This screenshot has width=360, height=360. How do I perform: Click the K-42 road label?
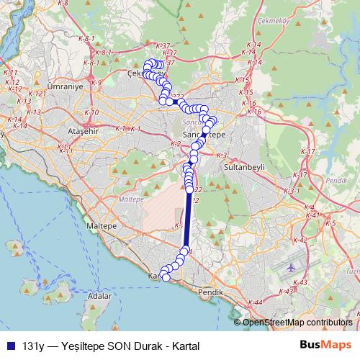pos(301,240)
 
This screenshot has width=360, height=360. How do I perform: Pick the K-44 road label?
pos(254,303)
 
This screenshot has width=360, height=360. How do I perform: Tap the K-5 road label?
pos(330,224)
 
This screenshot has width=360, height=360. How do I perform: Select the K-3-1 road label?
pos(292,191)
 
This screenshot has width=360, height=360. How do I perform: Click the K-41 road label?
pos(311,215)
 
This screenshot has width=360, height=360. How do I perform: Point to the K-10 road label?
pos(91,112)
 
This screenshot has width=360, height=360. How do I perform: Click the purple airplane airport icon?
pos(291,267)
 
